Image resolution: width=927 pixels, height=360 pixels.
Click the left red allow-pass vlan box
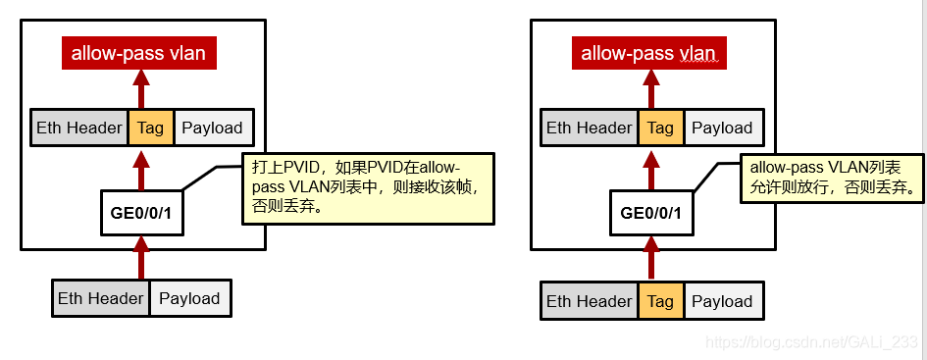click(x=138, y=53)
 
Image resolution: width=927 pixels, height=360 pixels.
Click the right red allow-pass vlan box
click(x=648, y=53)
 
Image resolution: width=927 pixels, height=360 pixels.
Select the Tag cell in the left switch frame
click(x=150, y=128)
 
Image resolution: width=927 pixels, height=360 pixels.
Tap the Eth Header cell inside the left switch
click(x=79, y=128)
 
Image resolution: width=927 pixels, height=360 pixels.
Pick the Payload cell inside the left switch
click(x=213, y=128)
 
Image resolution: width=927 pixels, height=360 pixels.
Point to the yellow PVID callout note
click(x=368, y=187)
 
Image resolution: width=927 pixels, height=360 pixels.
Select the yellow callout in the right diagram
click(x=832, y=177)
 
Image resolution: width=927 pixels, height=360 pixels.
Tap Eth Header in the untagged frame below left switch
click(x=101, y=298)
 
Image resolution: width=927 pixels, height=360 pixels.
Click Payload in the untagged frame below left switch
click(x=189, y=298)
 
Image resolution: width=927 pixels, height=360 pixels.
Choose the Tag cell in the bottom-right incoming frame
click(x=660, y=301)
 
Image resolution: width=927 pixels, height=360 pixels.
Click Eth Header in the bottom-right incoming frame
click(x=590, y=301)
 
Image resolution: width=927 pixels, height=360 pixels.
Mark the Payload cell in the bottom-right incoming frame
click(x=722, y=301)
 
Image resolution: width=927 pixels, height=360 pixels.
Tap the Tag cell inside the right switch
click(x=660, y=128)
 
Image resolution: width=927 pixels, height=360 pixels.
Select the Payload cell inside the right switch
click(x=722, y=128)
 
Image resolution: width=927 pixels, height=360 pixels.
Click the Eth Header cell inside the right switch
click(x=590, y=128)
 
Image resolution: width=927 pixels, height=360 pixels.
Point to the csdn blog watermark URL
click(x=812, y=342)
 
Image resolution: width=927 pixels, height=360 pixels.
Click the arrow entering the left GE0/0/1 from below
click(x=141, y=257)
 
